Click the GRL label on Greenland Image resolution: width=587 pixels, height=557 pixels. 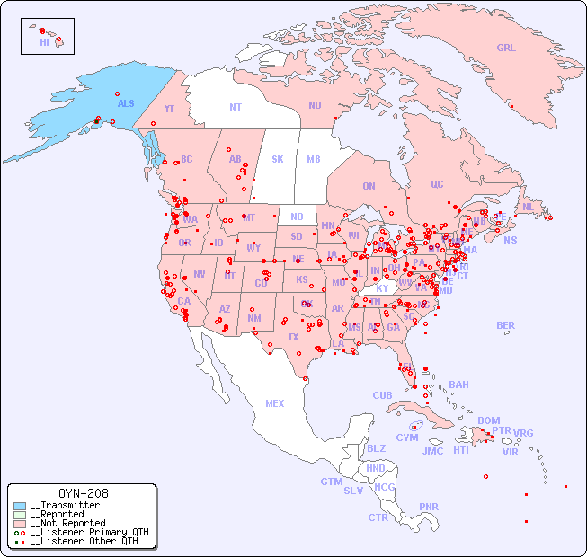506,49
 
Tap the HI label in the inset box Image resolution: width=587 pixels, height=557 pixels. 44,42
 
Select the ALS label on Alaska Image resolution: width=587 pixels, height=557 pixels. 126,103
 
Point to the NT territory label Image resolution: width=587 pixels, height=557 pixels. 236,107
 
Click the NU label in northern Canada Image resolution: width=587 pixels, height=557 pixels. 315,105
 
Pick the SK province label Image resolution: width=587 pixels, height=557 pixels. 278,159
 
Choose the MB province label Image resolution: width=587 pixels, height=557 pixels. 313,159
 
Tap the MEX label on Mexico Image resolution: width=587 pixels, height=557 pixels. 275,403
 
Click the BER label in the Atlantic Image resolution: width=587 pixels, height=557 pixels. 505,325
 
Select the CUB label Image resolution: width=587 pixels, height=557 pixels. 382,395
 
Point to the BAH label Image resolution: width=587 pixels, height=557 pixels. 458,385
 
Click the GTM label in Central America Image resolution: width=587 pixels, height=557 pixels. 331,482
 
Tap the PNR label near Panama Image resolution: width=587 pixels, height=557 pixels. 429,507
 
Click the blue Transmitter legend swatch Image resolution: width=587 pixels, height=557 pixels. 20,506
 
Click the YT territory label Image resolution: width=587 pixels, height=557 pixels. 169,109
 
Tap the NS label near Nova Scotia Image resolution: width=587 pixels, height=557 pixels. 510,241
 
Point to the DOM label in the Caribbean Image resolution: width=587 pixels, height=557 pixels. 488,420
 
